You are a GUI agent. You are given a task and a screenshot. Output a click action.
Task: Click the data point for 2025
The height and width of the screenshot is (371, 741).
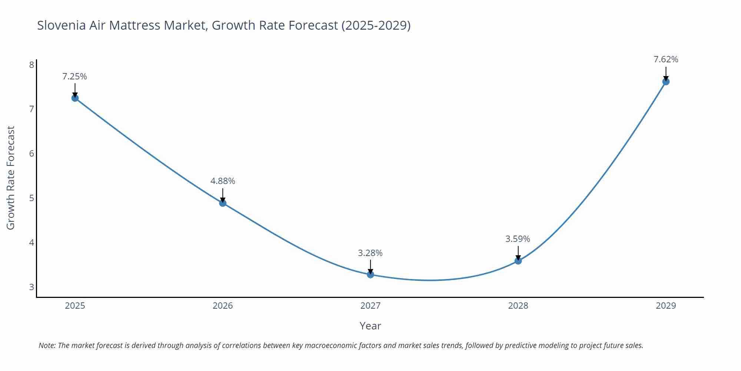(x=75, y=98)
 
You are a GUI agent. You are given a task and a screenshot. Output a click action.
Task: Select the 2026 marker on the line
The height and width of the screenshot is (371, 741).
(x=223, y=203)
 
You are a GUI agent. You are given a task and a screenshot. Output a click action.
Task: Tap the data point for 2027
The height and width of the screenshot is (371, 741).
(x=370, y=275)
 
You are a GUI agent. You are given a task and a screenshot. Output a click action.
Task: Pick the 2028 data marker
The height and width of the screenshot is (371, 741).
(x=518, y=261)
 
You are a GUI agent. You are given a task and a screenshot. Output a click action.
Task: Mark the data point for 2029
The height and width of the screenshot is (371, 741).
(x=666, y=82)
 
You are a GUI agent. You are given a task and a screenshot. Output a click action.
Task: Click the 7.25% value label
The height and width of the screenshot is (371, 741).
(x=74, y=76)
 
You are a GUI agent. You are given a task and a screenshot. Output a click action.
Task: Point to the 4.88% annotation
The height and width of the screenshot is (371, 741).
(x=223, y=181)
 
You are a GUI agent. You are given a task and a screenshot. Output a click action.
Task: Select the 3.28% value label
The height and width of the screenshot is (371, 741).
(x=370, y=253)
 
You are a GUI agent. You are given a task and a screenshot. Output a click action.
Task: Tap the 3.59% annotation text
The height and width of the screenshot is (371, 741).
(x=518, y=239)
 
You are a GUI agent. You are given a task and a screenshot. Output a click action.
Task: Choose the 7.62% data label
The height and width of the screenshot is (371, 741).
(x=666, y=59)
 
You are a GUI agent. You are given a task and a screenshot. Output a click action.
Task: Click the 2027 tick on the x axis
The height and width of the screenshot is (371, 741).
(x=370, y=306)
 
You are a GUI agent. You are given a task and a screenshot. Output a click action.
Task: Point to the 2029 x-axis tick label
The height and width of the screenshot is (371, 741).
(x=666, y=306)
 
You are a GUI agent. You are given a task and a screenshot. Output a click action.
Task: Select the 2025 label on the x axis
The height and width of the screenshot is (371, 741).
(x=75, y=306)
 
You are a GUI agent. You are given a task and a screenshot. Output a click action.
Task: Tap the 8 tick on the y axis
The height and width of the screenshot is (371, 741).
(x=31, y=65)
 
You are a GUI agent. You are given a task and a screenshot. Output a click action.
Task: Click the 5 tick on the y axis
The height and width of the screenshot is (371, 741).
(x=31, y=198)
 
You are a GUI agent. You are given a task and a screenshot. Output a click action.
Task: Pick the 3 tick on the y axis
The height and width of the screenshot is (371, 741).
(x=31, y=287)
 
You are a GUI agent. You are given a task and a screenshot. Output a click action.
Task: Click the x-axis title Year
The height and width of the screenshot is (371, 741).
(x=370, y=326)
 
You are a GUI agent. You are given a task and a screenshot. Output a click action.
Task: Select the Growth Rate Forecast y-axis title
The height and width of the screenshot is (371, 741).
(x=11, y=178)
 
